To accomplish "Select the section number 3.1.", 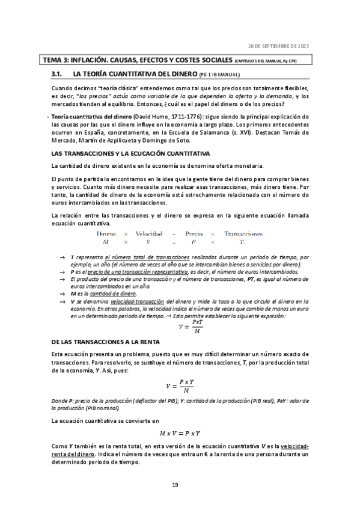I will coord(58,74).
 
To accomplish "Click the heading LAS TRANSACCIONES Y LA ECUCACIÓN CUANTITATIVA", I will coord(122,154).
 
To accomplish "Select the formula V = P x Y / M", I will coord(180,387).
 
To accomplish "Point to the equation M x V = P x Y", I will coord(180,432).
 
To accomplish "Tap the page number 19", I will coord(175,485).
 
